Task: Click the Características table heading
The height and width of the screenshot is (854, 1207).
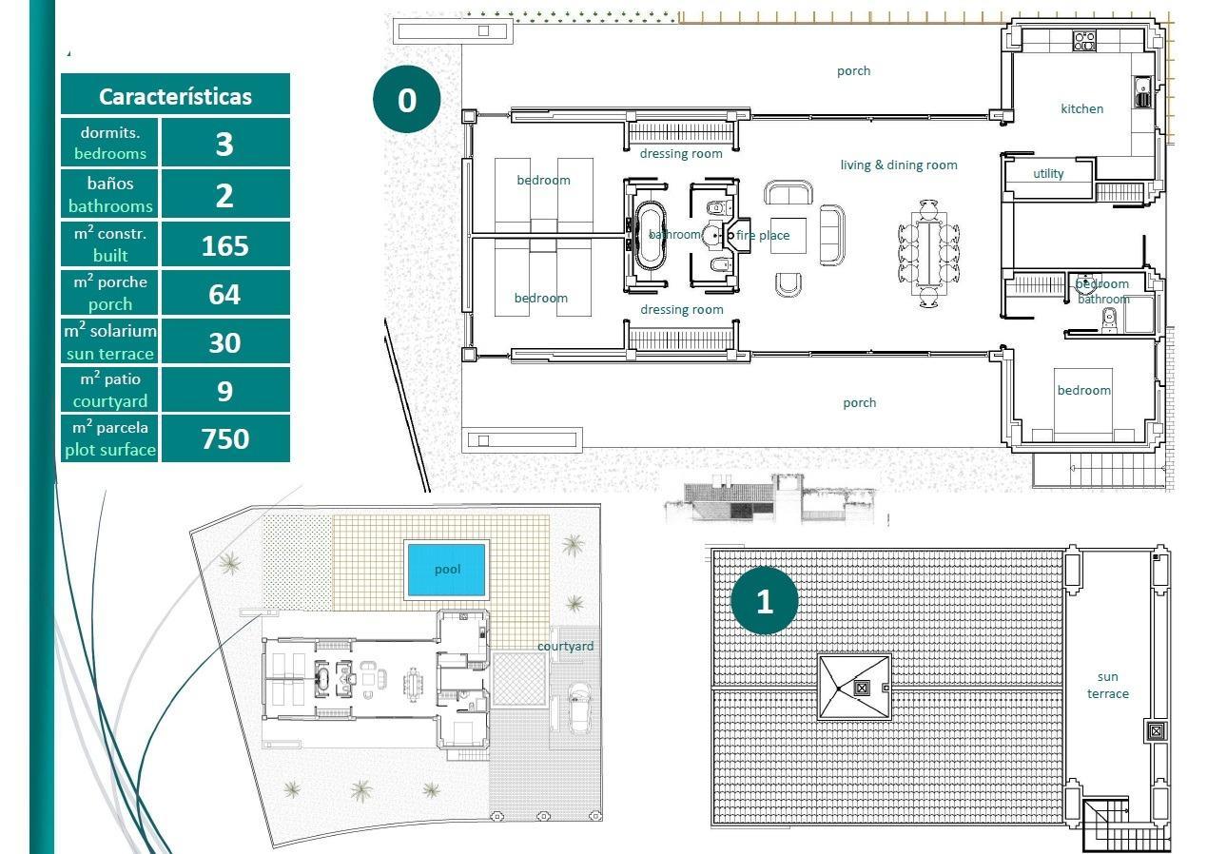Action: point(175,96)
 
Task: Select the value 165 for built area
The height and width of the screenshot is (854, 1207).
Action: point(224,245)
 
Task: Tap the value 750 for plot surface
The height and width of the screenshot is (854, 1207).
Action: point(224,438)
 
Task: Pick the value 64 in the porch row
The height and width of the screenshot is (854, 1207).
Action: point(224,294)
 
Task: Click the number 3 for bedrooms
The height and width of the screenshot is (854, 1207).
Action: point(224,144)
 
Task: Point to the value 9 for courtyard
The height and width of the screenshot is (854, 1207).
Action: point(224,391)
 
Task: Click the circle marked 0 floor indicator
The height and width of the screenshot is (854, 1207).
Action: point(406,99)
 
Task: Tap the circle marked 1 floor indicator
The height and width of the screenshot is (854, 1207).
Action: point(764,601)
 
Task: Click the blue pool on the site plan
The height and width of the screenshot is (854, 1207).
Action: point(446,570)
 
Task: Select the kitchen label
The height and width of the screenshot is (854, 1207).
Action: point(1081,108)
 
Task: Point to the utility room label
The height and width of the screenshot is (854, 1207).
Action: point(1048,173)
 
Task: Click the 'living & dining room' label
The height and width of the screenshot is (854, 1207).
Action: point(898,165)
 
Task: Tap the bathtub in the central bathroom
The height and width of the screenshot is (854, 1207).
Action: point(651,235)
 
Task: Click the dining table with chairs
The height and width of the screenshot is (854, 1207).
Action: point(928,252)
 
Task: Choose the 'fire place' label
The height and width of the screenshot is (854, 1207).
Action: point(763,235)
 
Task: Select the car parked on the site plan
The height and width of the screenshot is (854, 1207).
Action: point(577,708)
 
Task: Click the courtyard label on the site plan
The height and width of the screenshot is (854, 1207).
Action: point(565,647)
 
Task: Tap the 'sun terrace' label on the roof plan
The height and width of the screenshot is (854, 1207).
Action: point(1107,685)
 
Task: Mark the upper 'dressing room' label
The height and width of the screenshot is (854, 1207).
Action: point(680,153)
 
